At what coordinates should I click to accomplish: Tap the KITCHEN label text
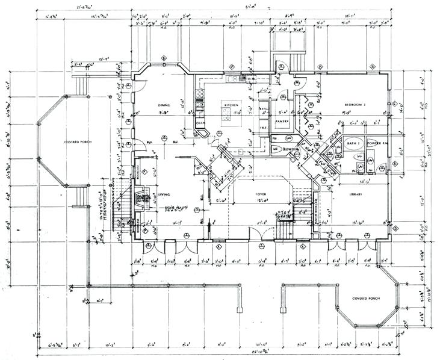click(232, 104)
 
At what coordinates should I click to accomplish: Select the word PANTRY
click(282, 121)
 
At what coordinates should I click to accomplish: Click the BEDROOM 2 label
click(355, 104)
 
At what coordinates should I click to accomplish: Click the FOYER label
click(261, 194)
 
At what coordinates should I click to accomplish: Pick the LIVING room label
click(164, 194)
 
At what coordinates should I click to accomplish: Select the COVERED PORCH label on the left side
click(76, 142)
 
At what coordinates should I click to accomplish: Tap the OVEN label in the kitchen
click(200, 123)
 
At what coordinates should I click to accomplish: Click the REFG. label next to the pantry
click(263, 109)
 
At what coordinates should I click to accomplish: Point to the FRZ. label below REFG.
click(263, 128)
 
